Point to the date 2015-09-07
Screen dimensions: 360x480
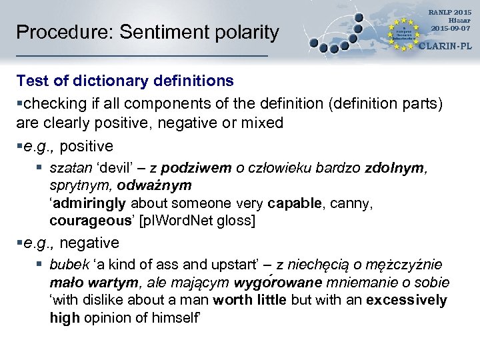(x=450, y=28)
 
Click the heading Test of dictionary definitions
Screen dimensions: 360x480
(x=125, y=81)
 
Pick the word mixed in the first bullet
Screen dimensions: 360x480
(x=263, y=123)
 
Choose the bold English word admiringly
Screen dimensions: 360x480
(x=89, y=203)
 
